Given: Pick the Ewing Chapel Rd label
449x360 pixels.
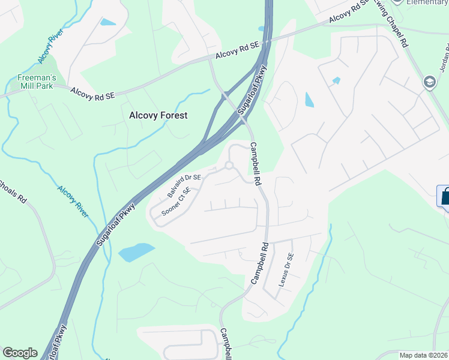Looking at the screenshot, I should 396,28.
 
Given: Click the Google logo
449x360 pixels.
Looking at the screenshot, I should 20,353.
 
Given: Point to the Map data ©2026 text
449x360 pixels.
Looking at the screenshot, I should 424,355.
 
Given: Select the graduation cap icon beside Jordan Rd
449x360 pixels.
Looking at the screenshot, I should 430,82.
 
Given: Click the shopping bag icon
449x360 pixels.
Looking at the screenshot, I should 444,196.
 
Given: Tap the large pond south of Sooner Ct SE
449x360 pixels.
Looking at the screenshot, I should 136,252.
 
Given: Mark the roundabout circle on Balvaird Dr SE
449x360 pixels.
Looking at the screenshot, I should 229,166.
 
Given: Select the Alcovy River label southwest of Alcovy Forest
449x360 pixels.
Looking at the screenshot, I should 73,201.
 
